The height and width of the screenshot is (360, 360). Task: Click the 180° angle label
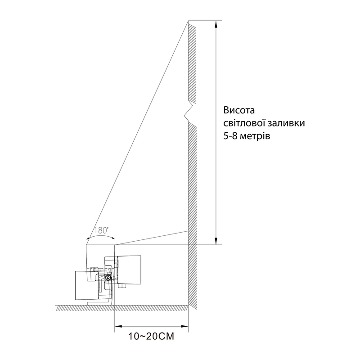(x=101, y=230)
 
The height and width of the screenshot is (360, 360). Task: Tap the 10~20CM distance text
(x=151, y=336)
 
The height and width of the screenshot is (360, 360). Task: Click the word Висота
(x=239, y=110)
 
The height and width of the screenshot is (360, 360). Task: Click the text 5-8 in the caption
(x=230, y=136)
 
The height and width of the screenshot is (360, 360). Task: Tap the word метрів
(x=255, y=137)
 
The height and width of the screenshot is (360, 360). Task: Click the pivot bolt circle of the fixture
(x=108, y=278)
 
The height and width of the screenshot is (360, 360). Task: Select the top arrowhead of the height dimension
(x=216, y=25)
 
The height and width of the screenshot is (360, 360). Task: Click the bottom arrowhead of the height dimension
(x=216, y=241)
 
